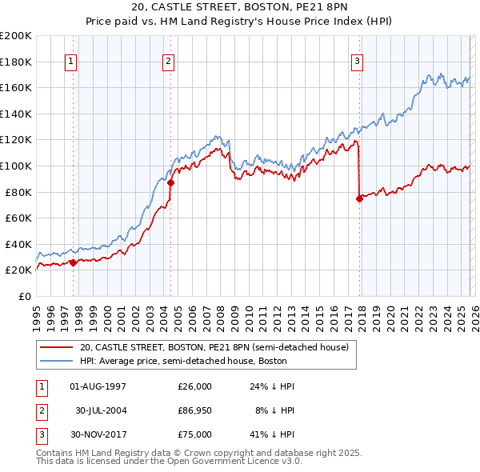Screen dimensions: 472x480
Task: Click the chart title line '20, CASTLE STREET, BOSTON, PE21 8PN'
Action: [x=239, y=8]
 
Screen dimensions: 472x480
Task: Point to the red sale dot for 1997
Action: [x=73, y=262]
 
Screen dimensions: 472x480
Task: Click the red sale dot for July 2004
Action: [x=170, y=182]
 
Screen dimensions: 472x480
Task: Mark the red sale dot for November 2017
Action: [x=359, y=198]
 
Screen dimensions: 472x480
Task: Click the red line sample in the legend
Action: [x=57, y=348]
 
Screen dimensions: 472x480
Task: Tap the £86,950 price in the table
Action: [x=194, y=410]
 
